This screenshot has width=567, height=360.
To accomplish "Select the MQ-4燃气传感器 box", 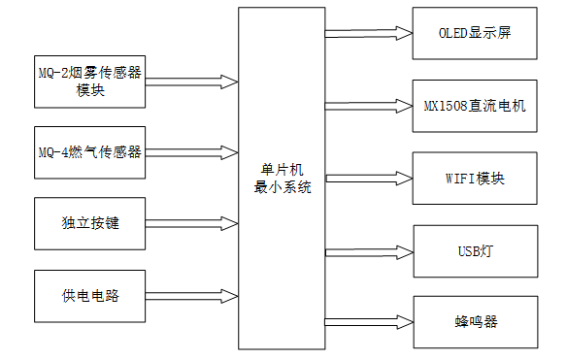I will coord(88,151).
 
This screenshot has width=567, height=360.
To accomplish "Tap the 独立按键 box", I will coord(88,223).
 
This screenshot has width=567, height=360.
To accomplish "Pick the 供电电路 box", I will coord(88,295).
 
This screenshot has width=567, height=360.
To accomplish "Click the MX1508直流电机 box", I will coord(474,105).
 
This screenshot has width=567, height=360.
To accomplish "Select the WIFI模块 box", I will coord(474,179).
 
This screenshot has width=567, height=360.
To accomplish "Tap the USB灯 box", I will coord(474,250).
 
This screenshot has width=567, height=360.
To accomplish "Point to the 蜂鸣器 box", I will coord(474,321).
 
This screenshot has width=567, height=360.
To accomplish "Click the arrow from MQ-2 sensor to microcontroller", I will coord(191,80).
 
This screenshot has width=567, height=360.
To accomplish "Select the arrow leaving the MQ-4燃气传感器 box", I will coord(191,151).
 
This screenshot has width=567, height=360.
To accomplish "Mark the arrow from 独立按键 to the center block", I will coord(191,223).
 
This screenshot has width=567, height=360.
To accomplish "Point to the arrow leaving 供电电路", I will coord(191,295).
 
